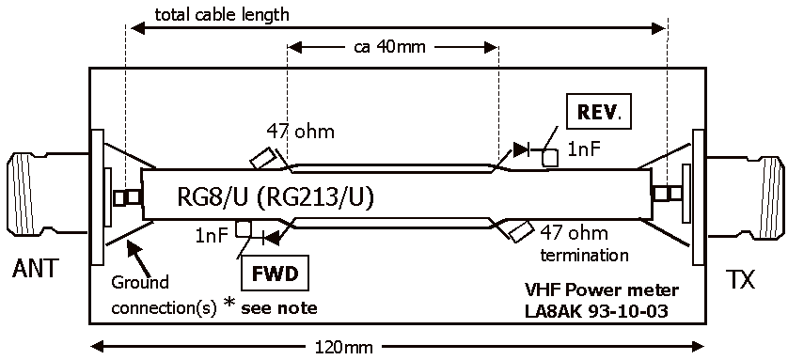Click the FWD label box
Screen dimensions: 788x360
pyautogui.click(x=276, y=274)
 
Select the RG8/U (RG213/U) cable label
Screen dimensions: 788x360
pyautogui.click(x=276, y=197)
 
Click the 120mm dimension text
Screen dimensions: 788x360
pyautogui.click(x=344, y=347)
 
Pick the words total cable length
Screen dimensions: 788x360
pyautogui.click(x=222, y=14)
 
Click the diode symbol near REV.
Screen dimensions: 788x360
pyautogui.click(x=522, y=149)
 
